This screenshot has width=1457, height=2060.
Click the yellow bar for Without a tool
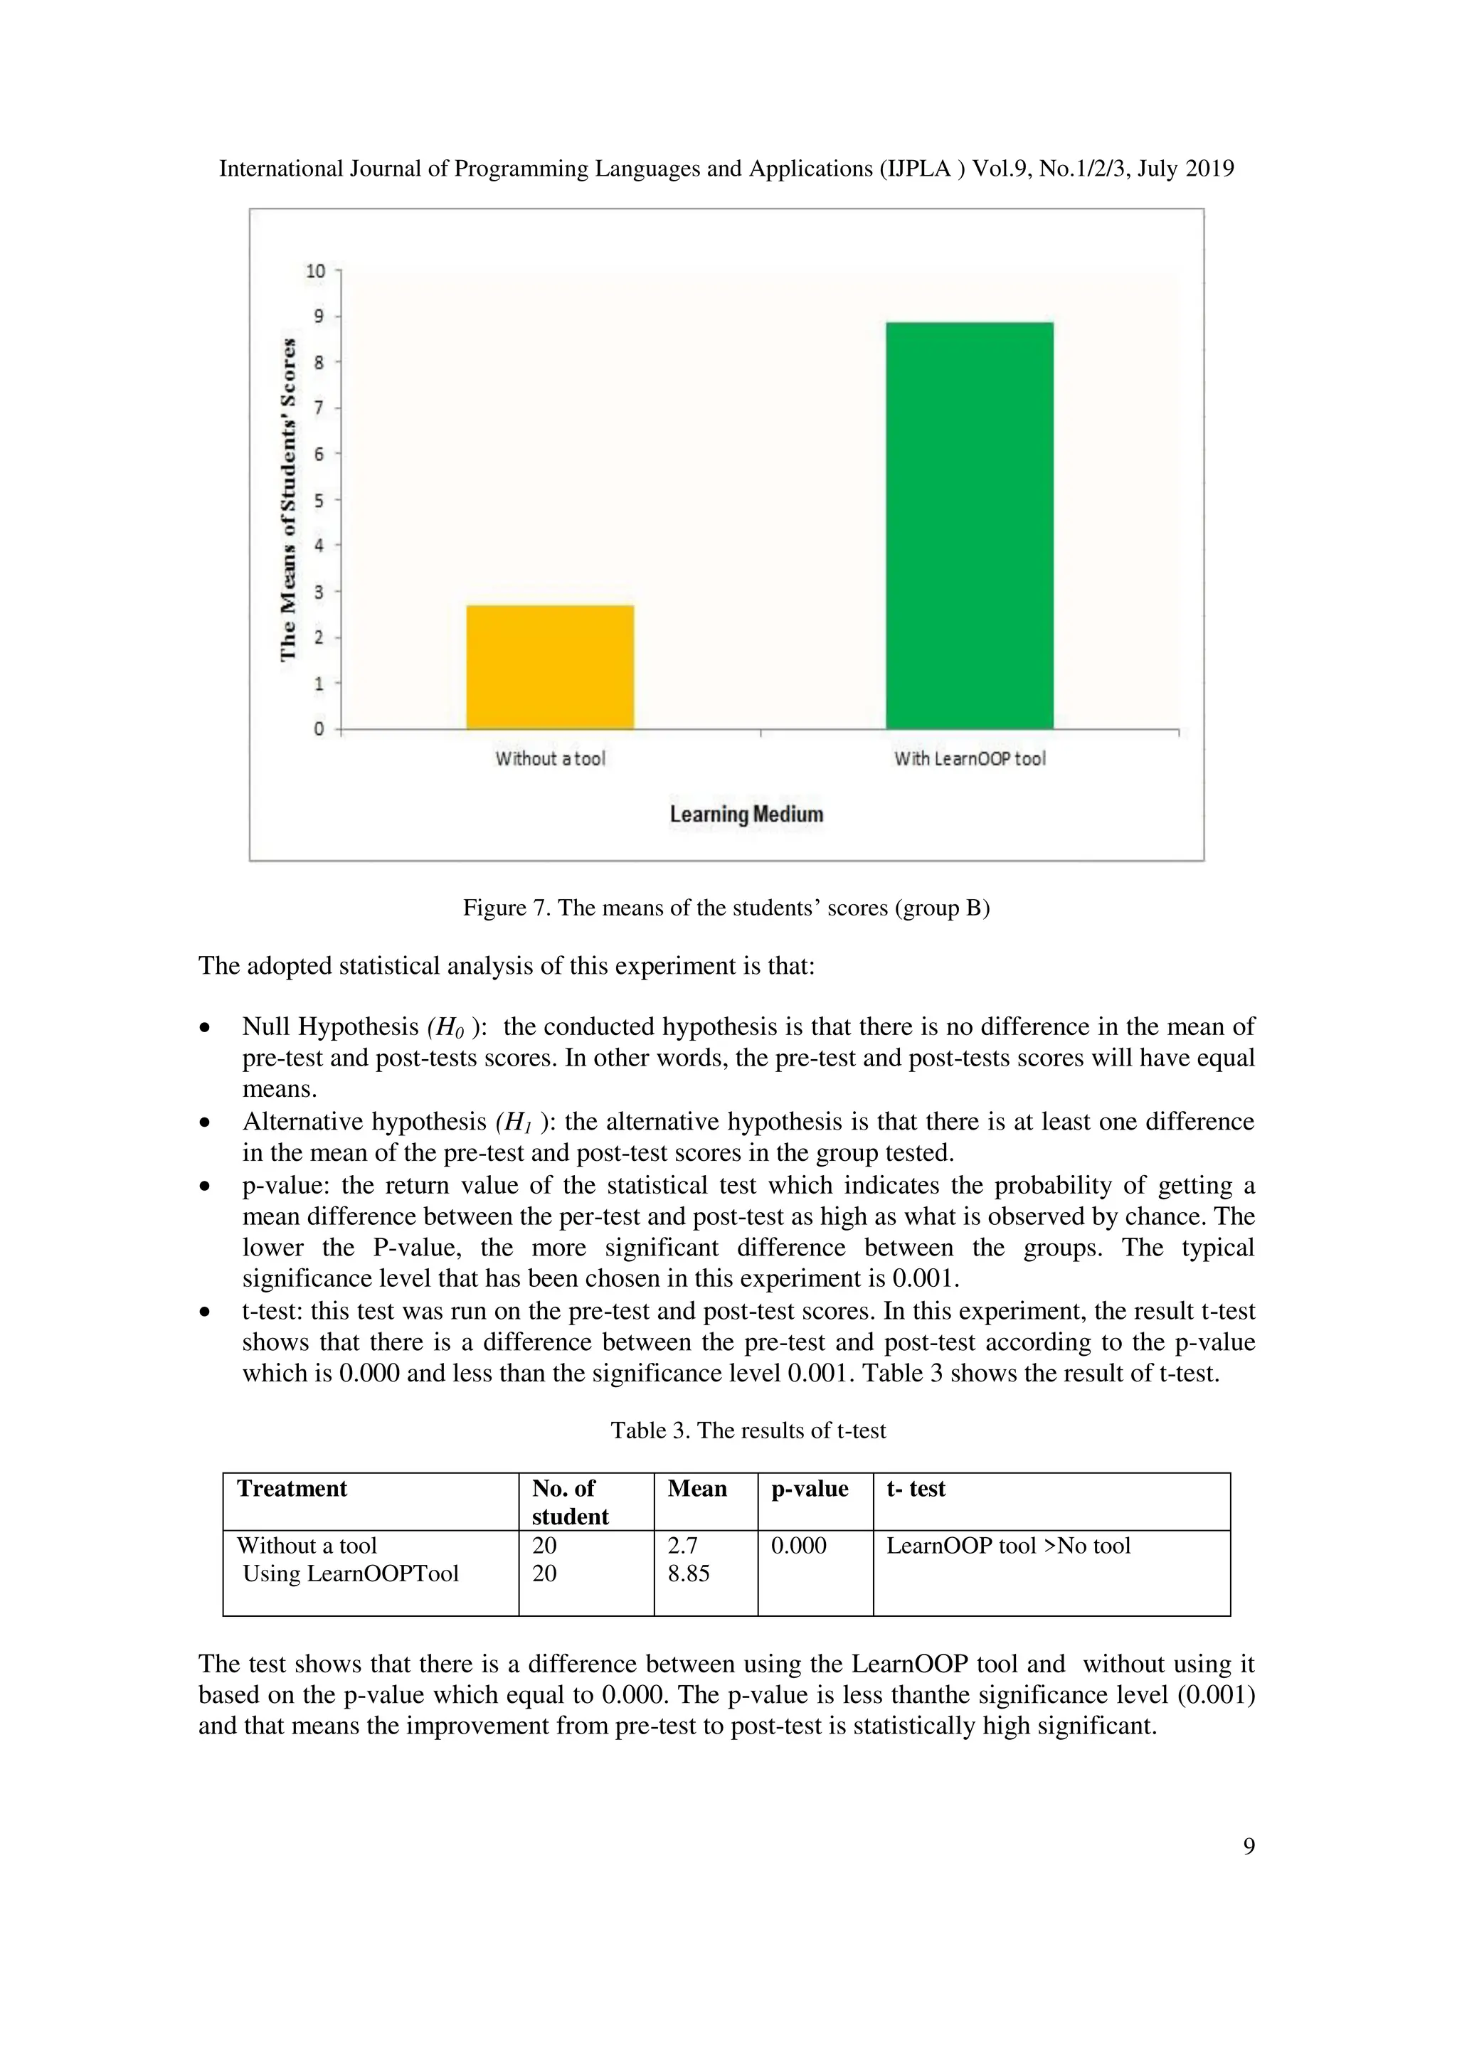click(x=550, y=667)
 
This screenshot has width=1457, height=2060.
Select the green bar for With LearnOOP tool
click(x=969, y=525)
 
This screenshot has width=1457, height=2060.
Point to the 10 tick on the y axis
click(x=316, y=271)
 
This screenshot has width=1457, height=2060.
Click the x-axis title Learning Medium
click(x=746, y=814)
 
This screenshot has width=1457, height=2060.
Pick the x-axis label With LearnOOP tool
click(x=969, y=759)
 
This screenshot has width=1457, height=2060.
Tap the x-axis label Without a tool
click(x=550, y=759)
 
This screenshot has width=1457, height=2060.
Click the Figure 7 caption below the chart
click(x=726, y=908)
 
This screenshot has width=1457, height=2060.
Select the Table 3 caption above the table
click(x=747, y=1430)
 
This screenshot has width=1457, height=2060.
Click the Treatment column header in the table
click(x=292, y=1490)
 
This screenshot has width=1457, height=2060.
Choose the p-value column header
click(x=809, y=1490)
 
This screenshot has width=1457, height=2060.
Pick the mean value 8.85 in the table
click(x=688, y=1573)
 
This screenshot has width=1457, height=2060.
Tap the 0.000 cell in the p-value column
click(x=798, y=1546)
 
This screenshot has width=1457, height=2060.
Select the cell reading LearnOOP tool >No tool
click(x=1007, y=1546)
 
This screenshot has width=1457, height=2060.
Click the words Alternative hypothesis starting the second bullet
click(x=364, y=1122)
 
